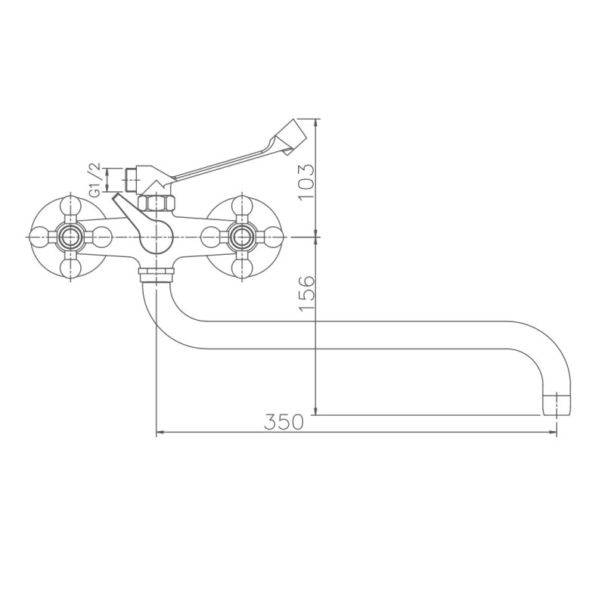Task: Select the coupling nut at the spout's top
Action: [x=156, y=271]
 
